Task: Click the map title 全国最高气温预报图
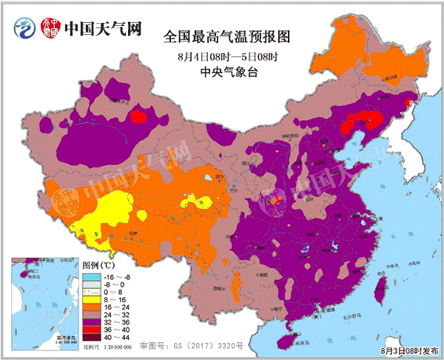tap(225, 36)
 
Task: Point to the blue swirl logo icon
tap(24, 29)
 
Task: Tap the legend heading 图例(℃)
tap(99, 264)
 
